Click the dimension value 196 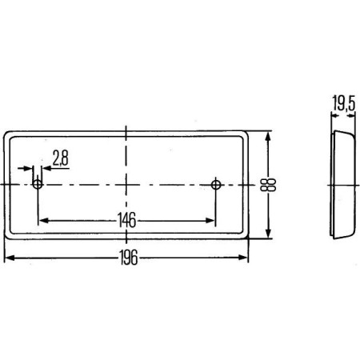[128, 258]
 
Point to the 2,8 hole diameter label [59, 159]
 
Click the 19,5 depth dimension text [342, 102]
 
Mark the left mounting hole [38, 185]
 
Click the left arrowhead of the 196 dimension [9, 258]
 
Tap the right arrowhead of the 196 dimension [244, 258]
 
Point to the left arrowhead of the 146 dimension [42, 219]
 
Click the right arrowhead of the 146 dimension [211, 219]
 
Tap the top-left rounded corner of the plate [8, 134]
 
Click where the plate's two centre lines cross [126, 185]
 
